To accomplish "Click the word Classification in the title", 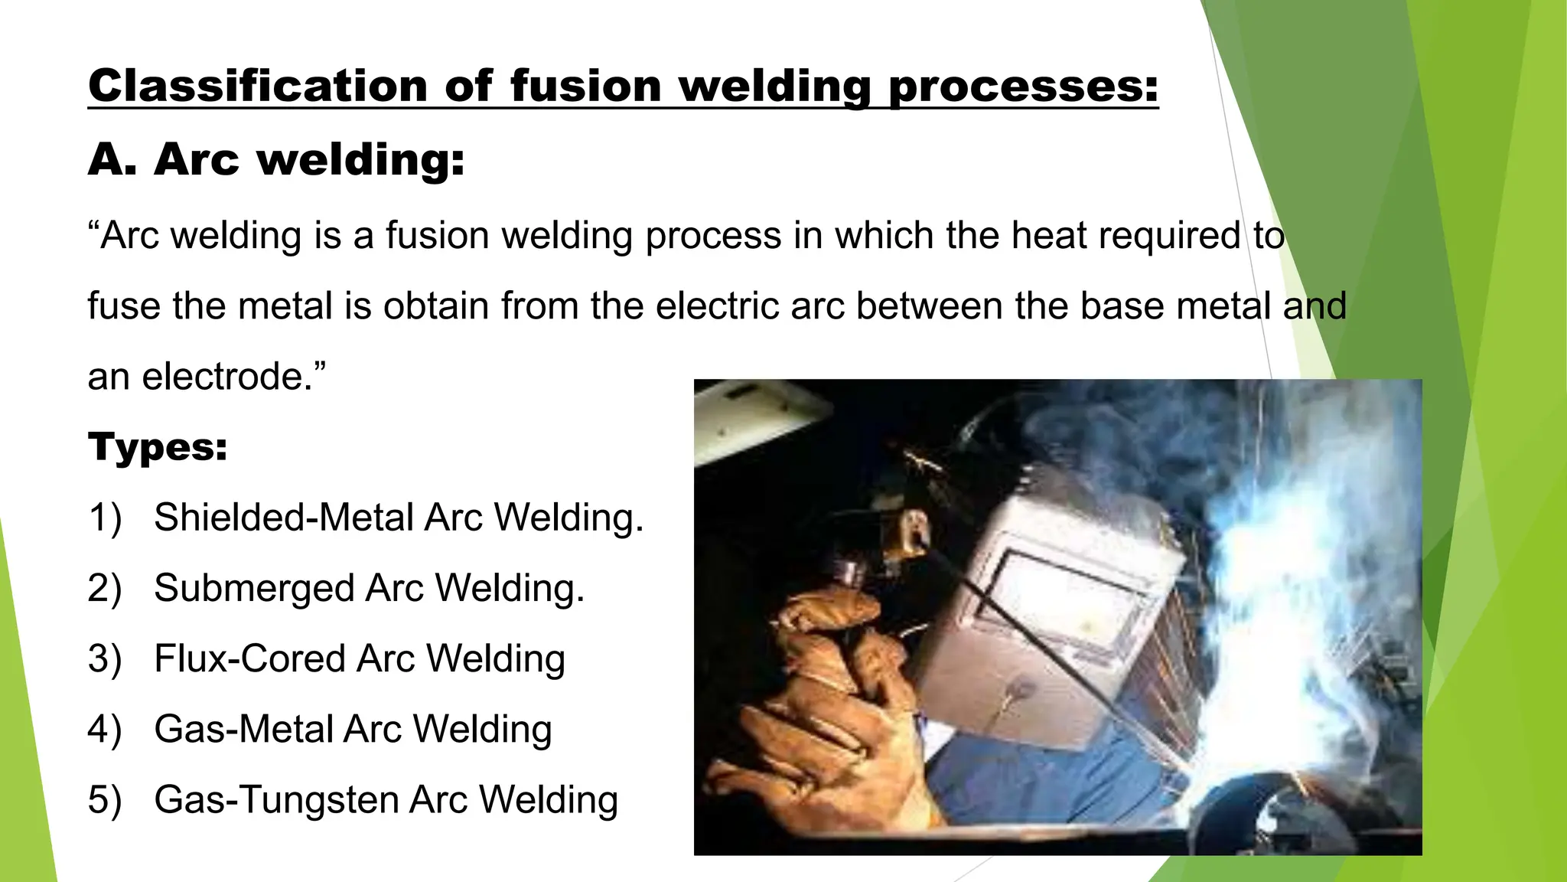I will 259,85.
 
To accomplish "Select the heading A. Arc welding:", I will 276,159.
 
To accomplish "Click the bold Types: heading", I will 158,446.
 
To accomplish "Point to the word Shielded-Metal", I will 284,517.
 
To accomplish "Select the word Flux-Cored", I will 249,658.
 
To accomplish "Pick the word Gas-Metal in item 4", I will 243,729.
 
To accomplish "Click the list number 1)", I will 105,518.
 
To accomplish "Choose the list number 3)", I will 105,659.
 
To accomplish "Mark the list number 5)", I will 105,800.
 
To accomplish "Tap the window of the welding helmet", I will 1064,605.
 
